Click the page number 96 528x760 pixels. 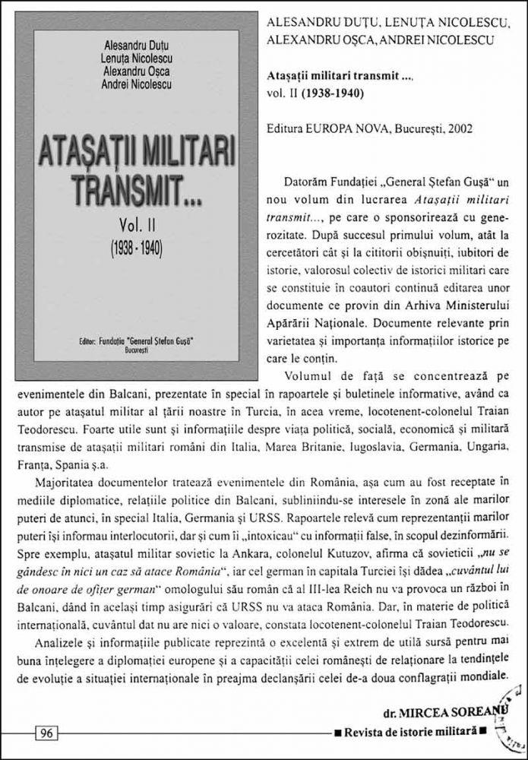(x=46, y=733)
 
